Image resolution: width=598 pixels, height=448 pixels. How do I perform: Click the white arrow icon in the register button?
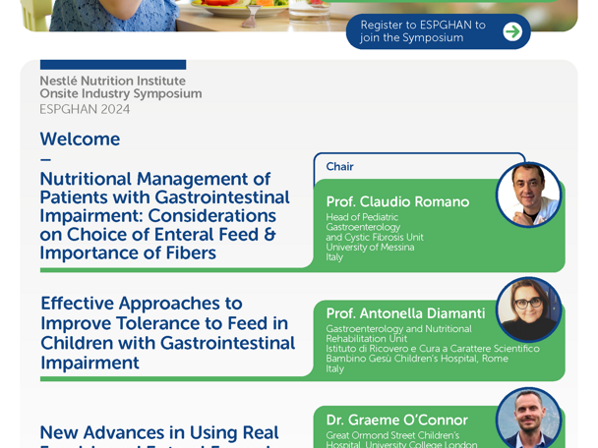511,31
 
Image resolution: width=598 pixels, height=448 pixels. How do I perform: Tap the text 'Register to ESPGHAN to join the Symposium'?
422,31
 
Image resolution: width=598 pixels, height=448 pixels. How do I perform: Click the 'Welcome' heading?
80,140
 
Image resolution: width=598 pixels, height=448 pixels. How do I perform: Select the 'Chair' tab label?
340,167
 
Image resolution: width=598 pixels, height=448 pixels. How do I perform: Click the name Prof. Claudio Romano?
397,201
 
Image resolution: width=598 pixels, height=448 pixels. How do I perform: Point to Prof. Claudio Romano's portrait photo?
528,195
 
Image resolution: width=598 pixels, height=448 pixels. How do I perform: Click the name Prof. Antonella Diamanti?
405,313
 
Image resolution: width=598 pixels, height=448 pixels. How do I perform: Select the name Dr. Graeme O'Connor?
396,420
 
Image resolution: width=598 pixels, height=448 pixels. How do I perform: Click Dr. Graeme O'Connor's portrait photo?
528,419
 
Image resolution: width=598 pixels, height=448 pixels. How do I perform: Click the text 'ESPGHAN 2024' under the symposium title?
85,109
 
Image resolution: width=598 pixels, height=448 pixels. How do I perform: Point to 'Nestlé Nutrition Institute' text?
112,81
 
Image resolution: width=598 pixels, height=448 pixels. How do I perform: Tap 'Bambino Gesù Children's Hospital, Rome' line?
417,359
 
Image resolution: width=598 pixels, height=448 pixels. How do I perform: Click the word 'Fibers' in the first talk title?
188,253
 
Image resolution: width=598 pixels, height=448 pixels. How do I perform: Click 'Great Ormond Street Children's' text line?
392,435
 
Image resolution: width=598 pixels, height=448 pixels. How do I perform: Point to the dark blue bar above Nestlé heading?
112,65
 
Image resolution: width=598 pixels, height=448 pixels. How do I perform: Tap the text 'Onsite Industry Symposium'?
120,94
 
